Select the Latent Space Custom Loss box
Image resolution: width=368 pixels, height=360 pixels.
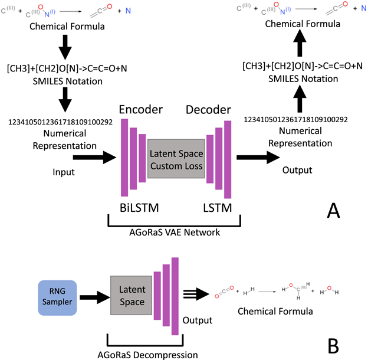176,160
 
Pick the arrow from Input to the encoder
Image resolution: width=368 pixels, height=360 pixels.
94,157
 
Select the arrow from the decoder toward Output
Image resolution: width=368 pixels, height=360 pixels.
258,157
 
